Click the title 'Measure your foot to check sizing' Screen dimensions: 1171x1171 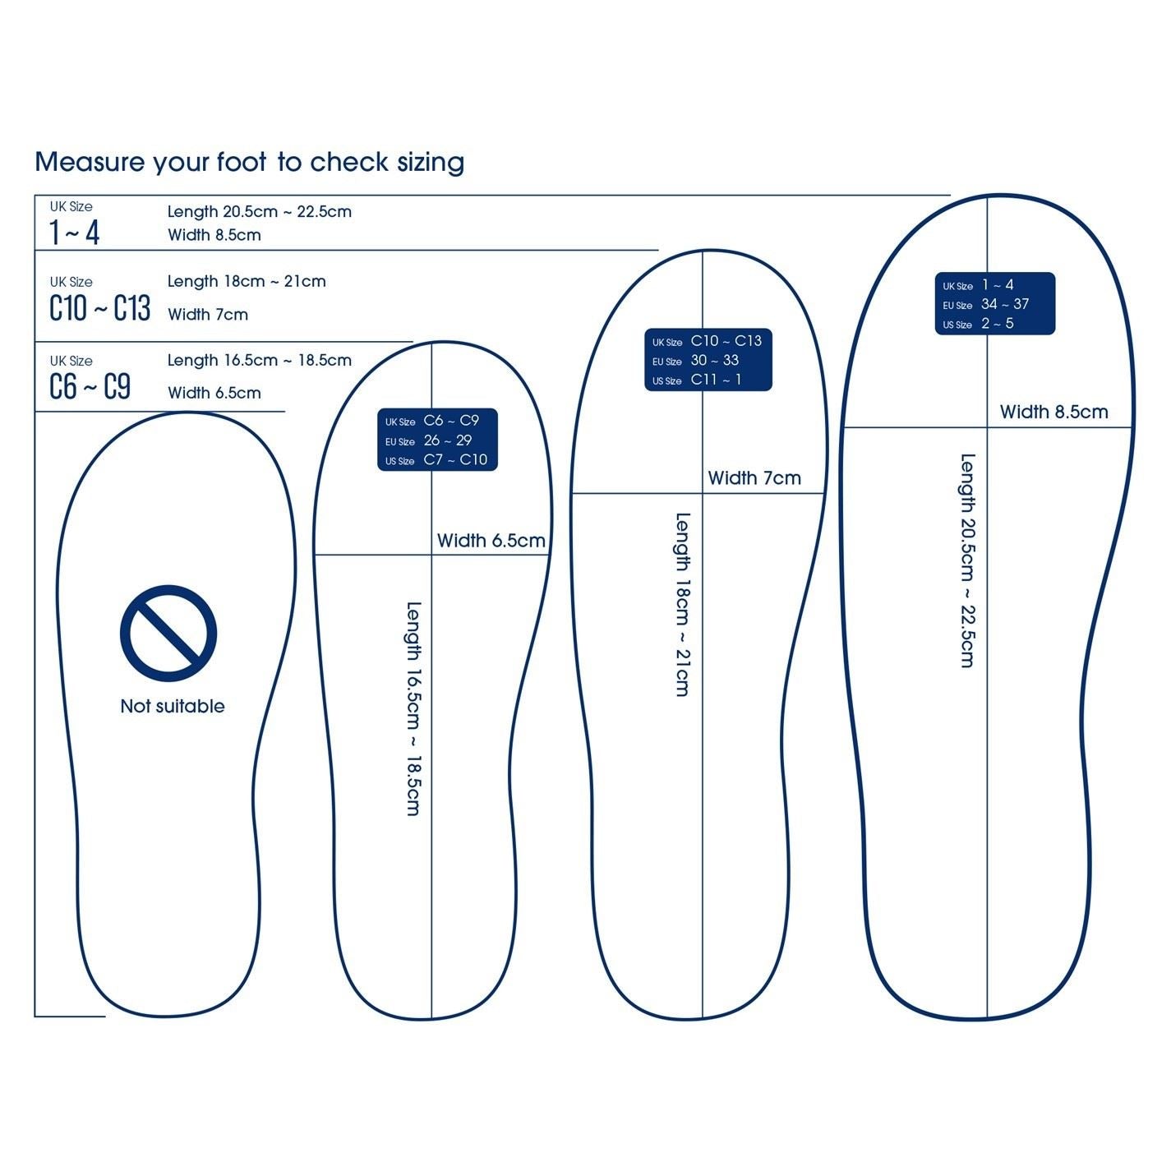(249, 162)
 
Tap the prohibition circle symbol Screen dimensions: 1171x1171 (168, 633)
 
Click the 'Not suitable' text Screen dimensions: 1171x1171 (172, 706)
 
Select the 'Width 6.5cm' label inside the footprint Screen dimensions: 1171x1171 (491, 541)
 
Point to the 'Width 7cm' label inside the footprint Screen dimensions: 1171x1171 (754, 478)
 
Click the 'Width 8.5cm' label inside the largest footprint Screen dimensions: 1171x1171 (1053, 412)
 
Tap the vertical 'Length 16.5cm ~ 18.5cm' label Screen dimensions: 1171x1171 (413, 708)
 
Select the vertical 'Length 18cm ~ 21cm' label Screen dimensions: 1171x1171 (682, 605)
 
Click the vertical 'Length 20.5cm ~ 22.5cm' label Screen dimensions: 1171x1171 (968, 560)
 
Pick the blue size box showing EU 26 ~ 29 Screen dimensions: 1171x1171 (437, 440)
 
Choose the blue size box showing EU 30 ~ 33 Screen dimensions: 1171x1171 (708, 360)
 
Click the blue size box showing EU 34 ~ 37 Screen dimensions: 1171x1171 (994, 304)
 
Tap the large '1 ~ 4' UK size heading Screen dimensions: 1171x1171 (74, 233)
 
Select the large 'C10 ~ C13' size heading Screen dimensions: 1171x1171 (99, 308)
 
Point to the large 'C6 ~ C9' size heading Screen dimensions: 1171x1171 (90, 386)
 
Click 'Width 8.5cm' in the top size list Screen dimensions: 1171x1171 (214, 235)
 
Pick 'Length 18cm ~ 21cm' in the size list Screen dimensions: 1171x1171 (247, 281)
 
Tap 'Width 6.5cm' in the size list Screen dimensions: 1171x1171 (214, 393)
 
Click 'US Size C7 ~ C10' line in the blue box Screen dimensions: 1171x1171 (436, 460)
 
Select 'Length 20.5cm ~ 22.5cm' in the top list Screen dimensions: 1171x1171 (259, 211)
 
